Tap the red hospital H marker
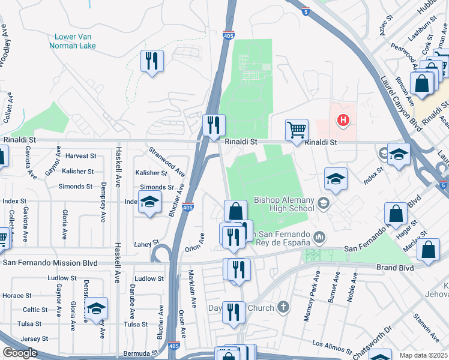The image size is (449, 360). point(343,120)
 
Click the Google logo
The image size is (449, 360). point(20,353)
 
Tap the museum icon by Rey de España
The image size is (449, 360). point(319,238)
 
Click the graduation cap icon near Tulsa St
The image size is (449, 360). point(95,308)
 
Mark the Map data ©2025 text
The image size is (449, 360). point(424,355)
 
